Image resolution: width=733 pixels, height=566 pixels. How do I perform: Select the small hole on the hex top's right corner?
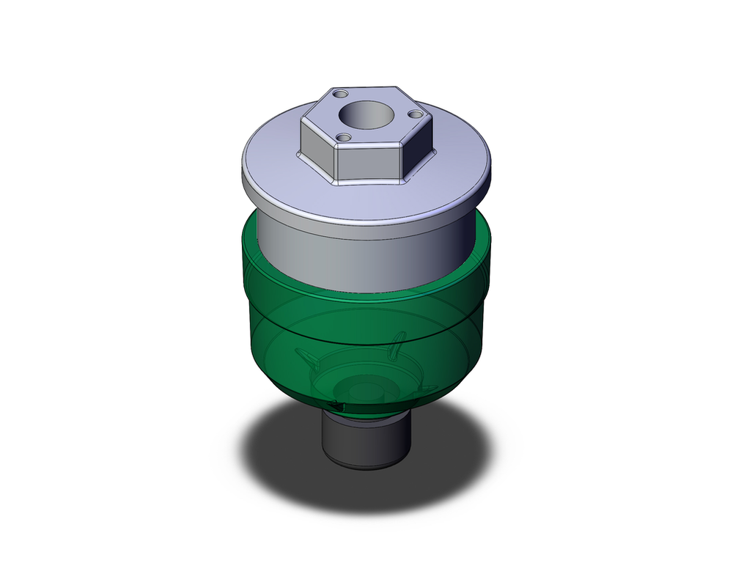(x=415, y=114)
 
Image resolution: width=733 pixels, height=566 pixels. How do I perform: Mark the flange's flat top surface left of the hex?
(x=271, y=158)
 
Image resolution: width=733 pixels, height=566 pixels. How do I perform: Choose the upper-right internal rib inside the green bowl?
(x=398, y=341)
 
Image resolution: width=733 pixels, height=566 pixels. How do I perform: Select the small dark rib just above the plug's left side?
(x=335, y=405)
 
